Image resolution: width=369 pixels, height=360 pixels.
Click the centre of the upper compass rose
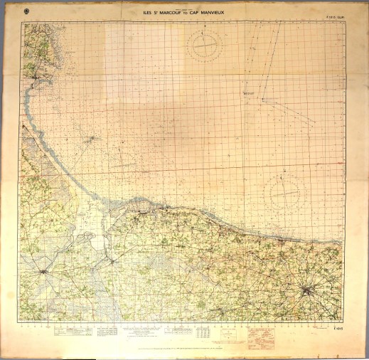pyautogui.click(x=204, y=46)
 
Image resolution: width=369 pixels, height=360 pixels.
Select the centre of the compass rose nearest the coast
pyautogui.click(x=282, y=191)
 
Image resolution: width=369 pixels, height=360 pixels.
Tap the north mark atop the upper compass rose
pyautogui.click(x=204, y=29)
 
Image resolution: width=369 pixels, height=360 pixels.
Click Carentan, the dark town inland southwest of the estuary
pyautogui.click(x=44, y=271)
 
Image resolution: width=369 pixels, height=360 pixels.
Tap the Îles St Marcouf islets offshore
pyautogui.click(x=88, y=139)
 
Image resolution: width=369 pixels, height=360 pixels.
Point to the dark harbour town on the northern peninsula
pyautogui.click(x=34, y=70)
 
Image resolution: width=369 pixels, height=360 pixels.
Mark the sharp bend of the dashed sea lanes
pyautogui.click(x=259, y=97)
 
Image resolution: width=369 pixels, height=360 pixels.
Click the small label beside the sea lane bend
pyautogui.click(x=248, y=92)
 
